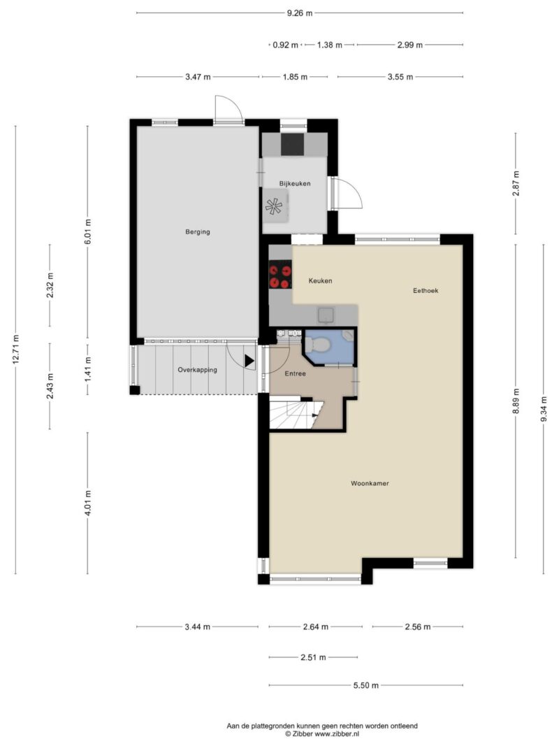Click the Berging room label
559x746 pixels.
click(197, 232)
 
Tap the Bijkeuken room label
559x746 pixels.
click(295, 184)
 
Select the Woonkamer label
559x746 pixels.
click(370, 483)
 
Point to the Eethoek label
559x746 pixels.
click(426, 291)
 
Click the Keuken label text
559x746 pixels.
click(321, 281)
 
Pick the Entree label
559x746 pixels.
click(295, 374)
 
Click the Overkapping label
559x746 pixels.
click(197, 370)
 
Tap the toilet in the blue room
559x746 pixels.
click(315, 343)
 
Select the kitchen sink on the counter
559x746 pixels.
click(326, 315)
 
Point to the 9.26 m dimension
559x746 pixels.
click(300, 13)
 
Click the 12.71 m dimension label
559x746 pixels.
click(16, 350)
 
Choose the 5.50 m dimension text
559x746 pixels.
click(366, 686)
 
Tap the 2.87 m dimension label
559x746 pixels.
click(516, 182)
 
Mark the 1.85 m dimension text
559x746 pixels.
click(295, 77)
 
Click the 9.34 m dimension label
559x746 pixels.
click(544, 409)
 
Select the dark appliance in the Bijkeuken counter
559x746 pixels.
click(292, 144)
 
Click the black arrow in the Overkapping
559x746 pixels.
click(249, 361)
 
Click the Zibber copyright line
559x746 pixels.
click(322, 734)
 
